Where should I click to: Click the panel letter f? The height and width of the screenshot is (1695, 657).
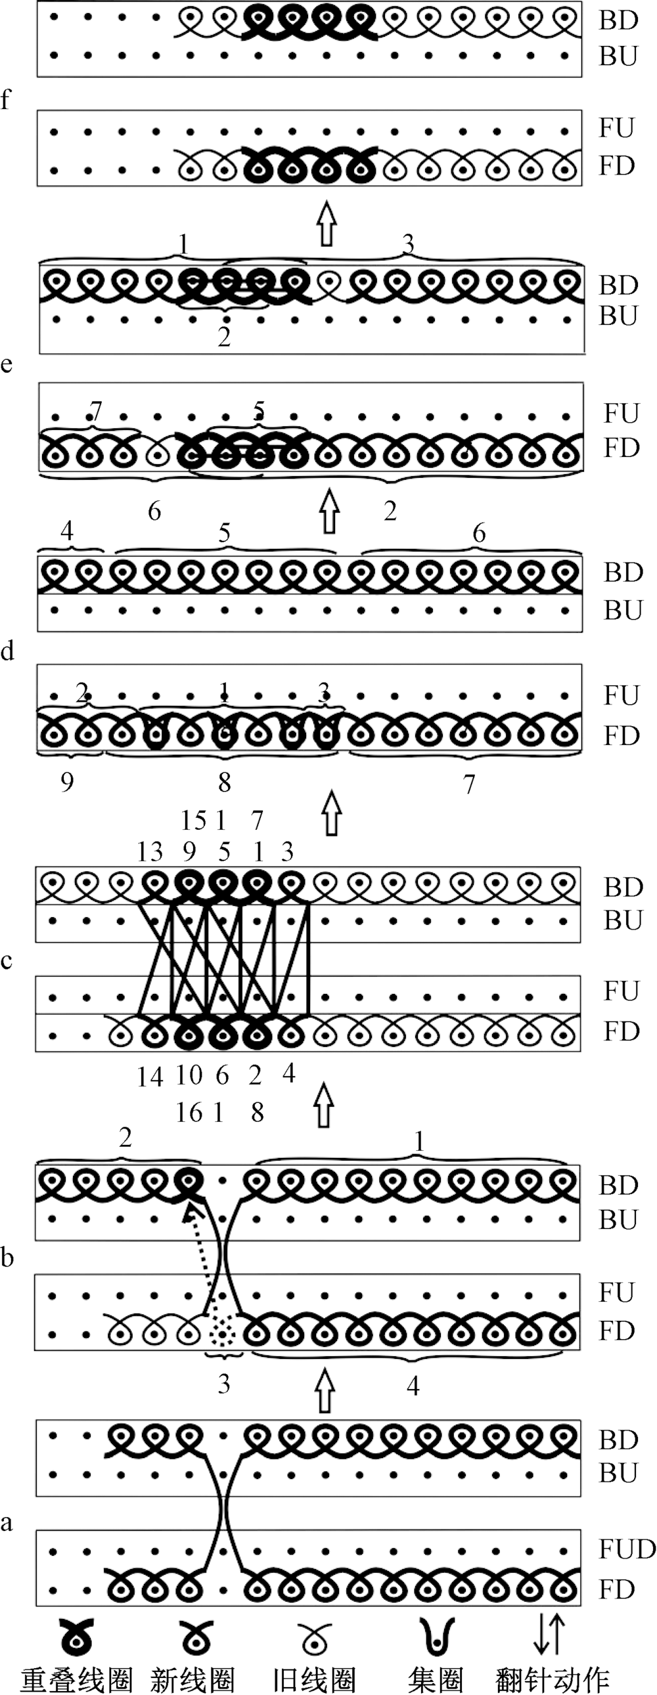click(x=7, y=98)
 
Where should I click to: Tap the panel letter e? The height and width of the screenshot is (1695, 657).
click(x=7, y=363)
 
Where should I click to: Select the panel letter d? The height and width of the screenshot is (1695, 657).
click(x=7, y=651)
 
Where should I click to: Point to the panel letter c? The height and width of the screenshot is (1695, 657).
click(x=7, y=960)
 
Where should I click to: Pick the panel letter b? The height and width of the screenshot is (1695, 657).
click(x=7, y=1257)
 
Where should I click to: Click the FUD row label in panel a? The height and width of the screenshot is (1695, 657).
click(x=627, y=1549)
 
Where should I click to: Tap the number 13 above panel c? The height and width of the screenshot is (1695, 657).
click(x=150, y=852)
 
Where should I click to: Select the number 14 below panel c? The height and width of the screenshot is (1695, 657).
click(x=150, y=1077)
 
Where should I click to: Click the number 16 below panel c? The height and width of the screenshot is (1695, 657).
click(x=189, y=1113)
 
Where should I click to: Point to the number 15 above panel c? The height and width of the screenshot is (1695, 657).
click(x=194, y=821)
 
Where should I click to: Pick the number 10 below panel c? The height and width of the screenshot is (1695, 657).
click(x=189, y=1075)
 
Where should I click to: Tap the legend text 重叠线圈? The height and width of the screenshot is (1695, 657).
click(x=76, y=1679)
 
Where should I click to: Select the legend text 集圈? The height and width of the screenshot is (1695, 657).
click(x=435, y=1679)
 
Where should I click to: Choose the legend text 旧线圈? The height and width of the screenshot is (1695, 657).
click(x=314, y=1679)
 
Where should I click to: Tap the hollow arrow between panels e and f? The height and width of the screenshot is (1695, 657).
click(x=326, y=224)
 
